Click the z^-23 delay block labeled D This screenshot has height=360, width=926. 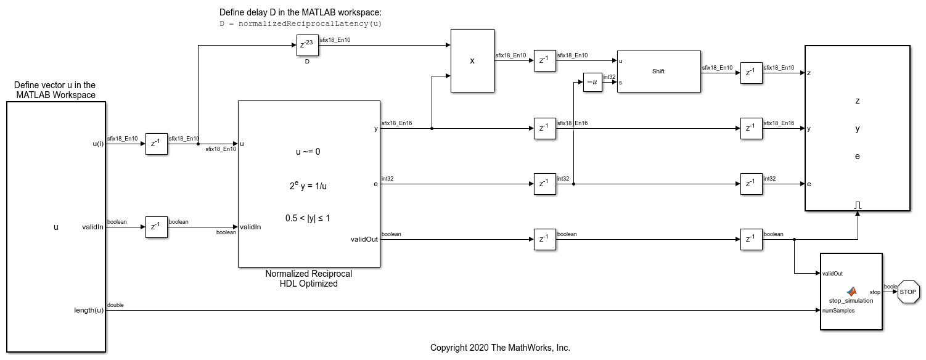[x=307, y=45]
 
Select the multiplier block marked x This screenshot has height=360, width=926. [x=472, y=60]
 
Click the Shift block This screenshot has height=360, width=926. [x=658, y=72]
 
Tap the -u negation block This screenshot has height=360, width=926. [x=592, y=82]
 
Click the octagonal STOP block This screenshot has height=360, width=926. [x=908, y=292]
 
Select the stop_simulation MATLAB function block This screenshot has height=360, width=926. [x=851, y=292]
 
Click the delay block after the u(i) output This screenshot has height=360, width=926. [x=156, y=144]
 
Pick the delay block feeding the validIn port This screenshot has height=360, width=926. [x=156, y=227]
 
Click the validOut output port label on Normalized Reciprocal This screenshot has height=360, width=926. [x=364, y=239]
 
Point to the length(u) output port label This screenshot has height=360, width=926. [x=89, y=310]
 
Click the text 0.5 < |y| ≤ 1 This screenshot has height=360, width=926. [x=308, y=218]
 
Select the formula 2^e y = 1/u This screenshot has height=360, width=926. [x=308, y=186]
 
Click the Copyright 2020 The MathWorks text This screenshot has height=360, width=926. [x=500, y=348]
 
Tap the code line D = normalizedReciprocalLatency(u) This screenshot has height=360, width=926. [x=300, y=23]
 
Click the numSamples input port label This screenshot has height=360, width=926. [x=838, y=311]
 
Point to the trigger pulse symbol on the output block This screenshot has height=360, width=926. [x=858, y=205]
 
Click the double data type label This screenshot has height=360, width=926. [x=115, y=305]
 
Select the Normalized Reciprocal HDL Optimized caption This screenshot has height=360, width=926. [x=309, y=279]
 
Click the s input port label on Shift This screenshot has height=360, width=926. [x=620, y=83]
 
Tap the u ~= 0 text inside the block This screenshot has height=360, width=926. [x=308, y=152]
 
